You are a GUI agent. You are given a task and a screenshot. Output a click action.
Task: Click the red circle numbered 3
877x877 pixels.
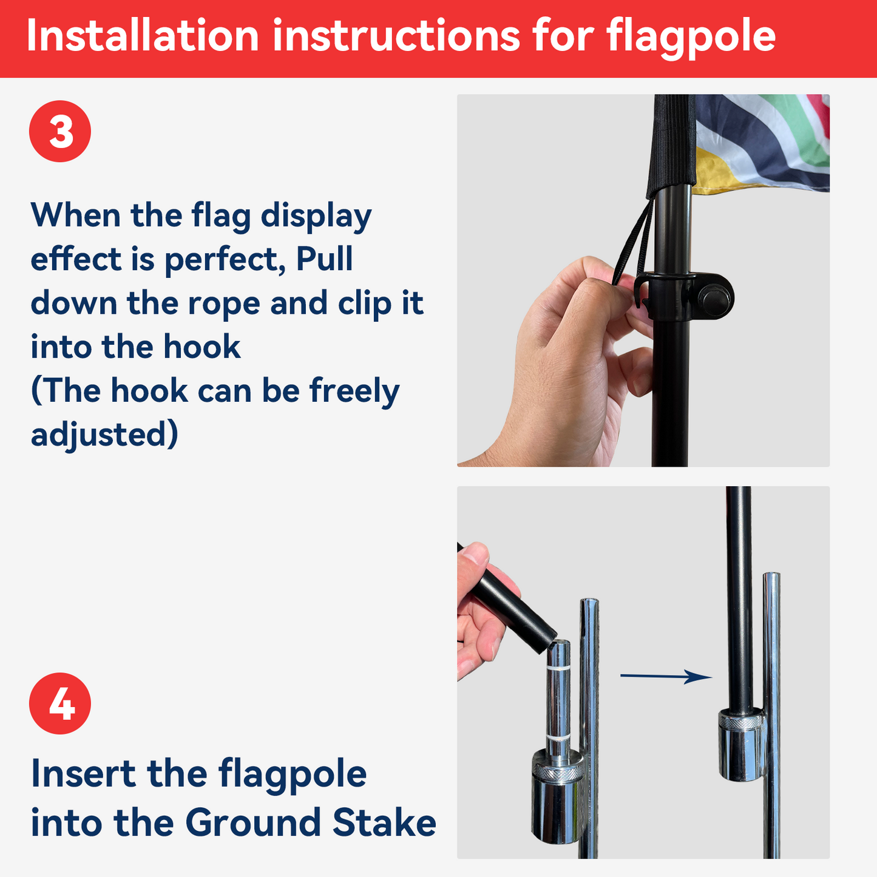tap(60, 131)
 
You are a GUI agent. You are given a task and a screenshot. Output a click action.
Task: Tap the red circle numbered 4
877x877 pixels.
tap(60, 703)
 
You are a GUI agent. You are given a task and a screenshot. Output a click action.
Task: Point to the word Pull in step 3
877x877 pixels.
tap(325, 260)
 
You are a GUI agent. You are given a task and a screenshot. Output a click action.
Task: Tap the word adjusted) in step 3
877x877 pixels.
tap(104, 435)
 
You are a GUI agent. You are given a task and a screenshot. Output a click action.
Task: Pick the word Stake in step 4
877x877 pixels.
tap(384, 823)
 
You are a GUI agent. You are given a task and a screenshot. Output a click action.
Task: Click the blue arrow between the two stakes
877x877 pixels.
tap(665, 676)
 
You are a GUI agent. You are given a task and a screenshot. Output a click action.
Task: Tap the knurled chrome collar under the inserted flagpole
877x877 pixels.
tap(740, 722)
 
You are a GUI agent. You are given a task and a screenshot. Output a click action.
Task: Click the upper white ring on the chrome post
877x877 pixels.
tap(559, 668)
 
